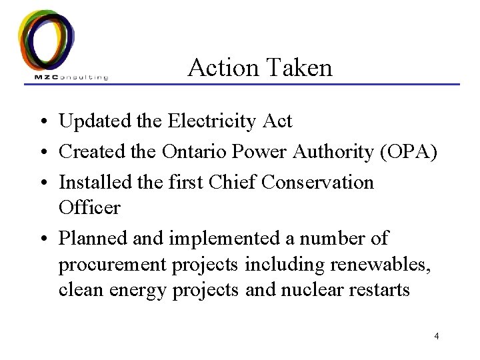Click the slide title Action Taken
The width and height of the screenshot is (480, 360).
260,67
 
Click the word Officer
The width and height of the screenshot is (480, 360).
89,207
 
